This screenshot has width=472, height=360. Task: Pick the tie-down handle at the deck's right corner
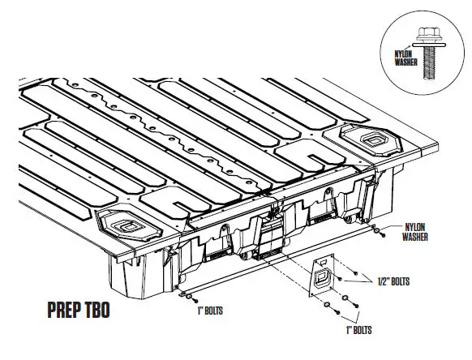point(379,140)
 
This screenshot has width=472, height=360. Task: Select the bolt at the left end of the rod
point(183,294)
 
